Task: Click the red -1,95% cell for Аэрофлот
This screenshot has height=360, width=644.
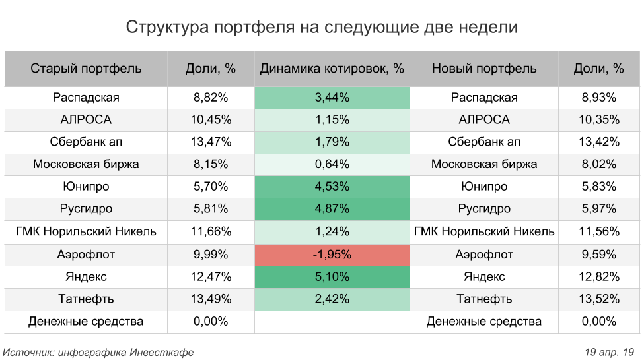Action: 332,255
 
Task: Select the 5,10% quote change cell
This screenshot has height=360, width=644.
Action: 332,277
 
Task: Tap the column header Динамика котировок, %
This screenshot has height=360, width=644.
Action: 332,69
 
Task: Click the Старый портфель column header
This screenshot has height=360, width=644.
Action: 86,69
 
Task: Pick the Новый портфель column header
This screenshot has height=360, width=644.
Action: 484,69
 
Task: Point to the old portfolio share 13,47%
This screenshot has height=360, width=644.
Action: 211,142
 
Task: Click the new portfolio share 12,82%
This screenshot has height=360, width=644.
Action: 599,277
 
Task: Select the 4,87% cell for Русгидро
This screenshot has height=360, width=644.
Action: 332,210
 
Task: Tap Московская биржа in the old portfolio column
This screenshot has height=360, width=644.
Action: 86,165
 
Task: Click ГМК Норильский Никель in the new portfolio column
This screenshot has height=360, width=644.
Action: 484,232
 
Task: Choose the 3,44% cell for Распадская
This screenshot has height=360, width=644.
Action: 332,98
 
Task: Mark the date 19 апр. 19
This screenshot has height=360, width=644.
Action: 610,352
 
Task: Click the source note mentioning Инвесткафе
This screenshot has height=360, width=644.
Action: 99,352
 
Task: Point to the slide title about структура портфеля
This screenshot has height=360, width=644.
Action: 322,28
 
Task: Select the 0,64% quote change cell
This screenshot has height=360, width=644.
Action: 332,165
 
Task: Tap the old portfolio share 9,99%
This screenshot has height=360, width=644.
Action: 211,255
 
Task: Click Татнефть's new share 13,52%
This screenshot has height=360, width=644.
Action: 599,299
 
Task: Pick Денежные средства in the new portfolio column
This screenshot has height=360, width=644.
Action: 484,322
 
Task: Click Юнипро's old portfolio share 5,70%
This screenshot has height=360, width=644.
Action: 211,187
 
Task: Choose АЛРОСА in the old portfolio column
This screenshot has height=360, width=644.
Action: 86,120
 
